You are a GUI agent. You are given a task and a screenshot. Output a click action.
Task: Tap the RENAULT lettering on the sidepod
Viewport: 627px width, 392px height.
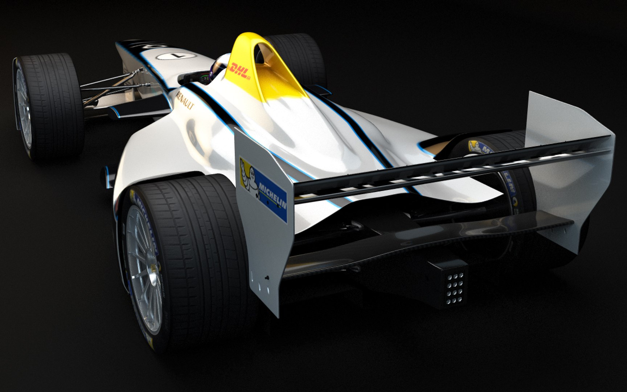point(185,100)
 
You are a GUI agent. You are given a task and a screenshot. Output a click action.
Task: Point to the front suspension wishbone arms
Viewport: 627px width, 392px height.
point(109,83)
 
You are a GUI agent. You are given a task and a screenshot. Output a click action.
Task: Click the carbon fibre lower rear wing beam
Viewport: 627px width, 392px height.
point(435,240)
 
